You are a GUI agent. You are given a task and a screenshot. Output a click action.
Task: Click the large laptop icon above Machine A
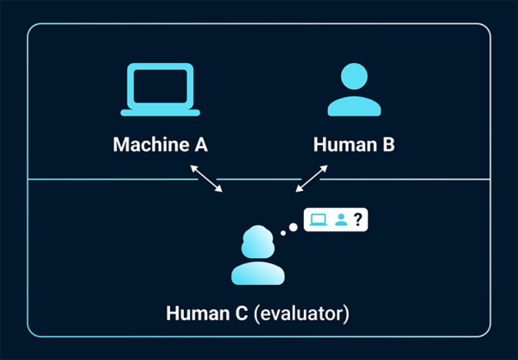click(161, 91)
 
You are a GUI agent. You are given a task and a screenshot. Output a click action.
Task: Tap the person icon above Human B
click(354, 91)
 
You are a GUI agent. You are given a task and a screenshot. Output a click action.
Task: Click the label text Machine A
click(161, 144)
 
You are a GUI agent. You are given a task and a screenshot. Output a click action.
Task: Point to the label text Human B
click(354, 144)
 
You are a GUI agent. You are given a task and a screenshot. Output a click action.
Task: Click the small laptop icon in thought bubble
click(319, 219)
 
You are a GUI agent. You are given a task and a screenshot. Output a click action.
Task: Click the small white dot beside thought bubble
click(293, 228)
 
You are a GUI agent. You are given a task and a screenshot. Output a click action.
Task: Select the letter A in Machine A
click(199, 144)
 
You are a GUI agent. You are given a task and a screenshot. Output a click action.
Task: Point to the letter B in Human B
click(388, 144)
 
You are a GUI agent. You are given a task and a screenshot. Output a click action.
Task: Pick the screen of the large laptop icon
click(161, 86)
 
